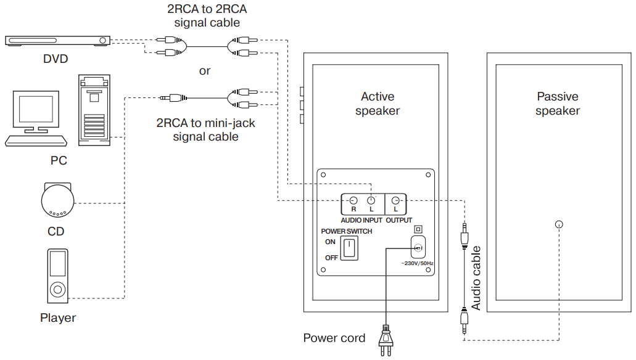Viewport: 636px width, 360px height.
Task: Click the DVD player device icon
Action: pos(58,41)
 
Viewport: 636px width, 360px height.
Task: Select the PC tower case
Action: pos(94,110)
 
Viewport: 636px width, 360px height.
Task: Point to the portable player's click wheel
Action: pos(58,288)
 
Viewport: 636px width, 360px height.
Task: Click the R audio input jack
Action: pos(353,200)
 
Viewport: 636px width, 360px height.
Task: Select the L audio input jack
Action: pos(371,200)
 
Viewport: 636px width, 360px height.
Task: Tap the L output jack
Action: pos(399,200)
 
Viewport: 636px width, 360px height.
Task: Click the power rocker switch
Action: pos(349,248)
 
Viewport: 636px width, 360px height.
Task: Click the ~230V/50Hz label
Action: pos(417,264)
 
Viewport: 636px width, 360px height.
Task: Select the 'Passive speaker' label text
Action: pos(558,104)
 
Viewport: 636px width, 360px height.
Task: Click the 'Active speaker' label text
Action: pos(378,104)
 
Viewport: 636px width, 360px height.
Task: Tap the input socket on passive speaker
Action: pos(559,224)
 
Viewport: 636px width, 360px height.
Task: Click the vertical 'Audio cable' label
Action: pos(476,278)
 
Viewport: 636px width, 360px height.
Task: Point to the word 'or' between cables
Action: pos(205,71)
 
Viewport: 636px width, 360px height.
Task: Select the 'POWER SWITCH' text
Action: pos(347,231)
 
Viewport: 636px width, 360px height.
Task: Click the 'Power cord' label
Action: pos(334,338)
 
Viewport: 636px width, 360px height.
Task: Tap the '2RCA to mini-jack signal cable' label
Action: pos(205,129)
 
